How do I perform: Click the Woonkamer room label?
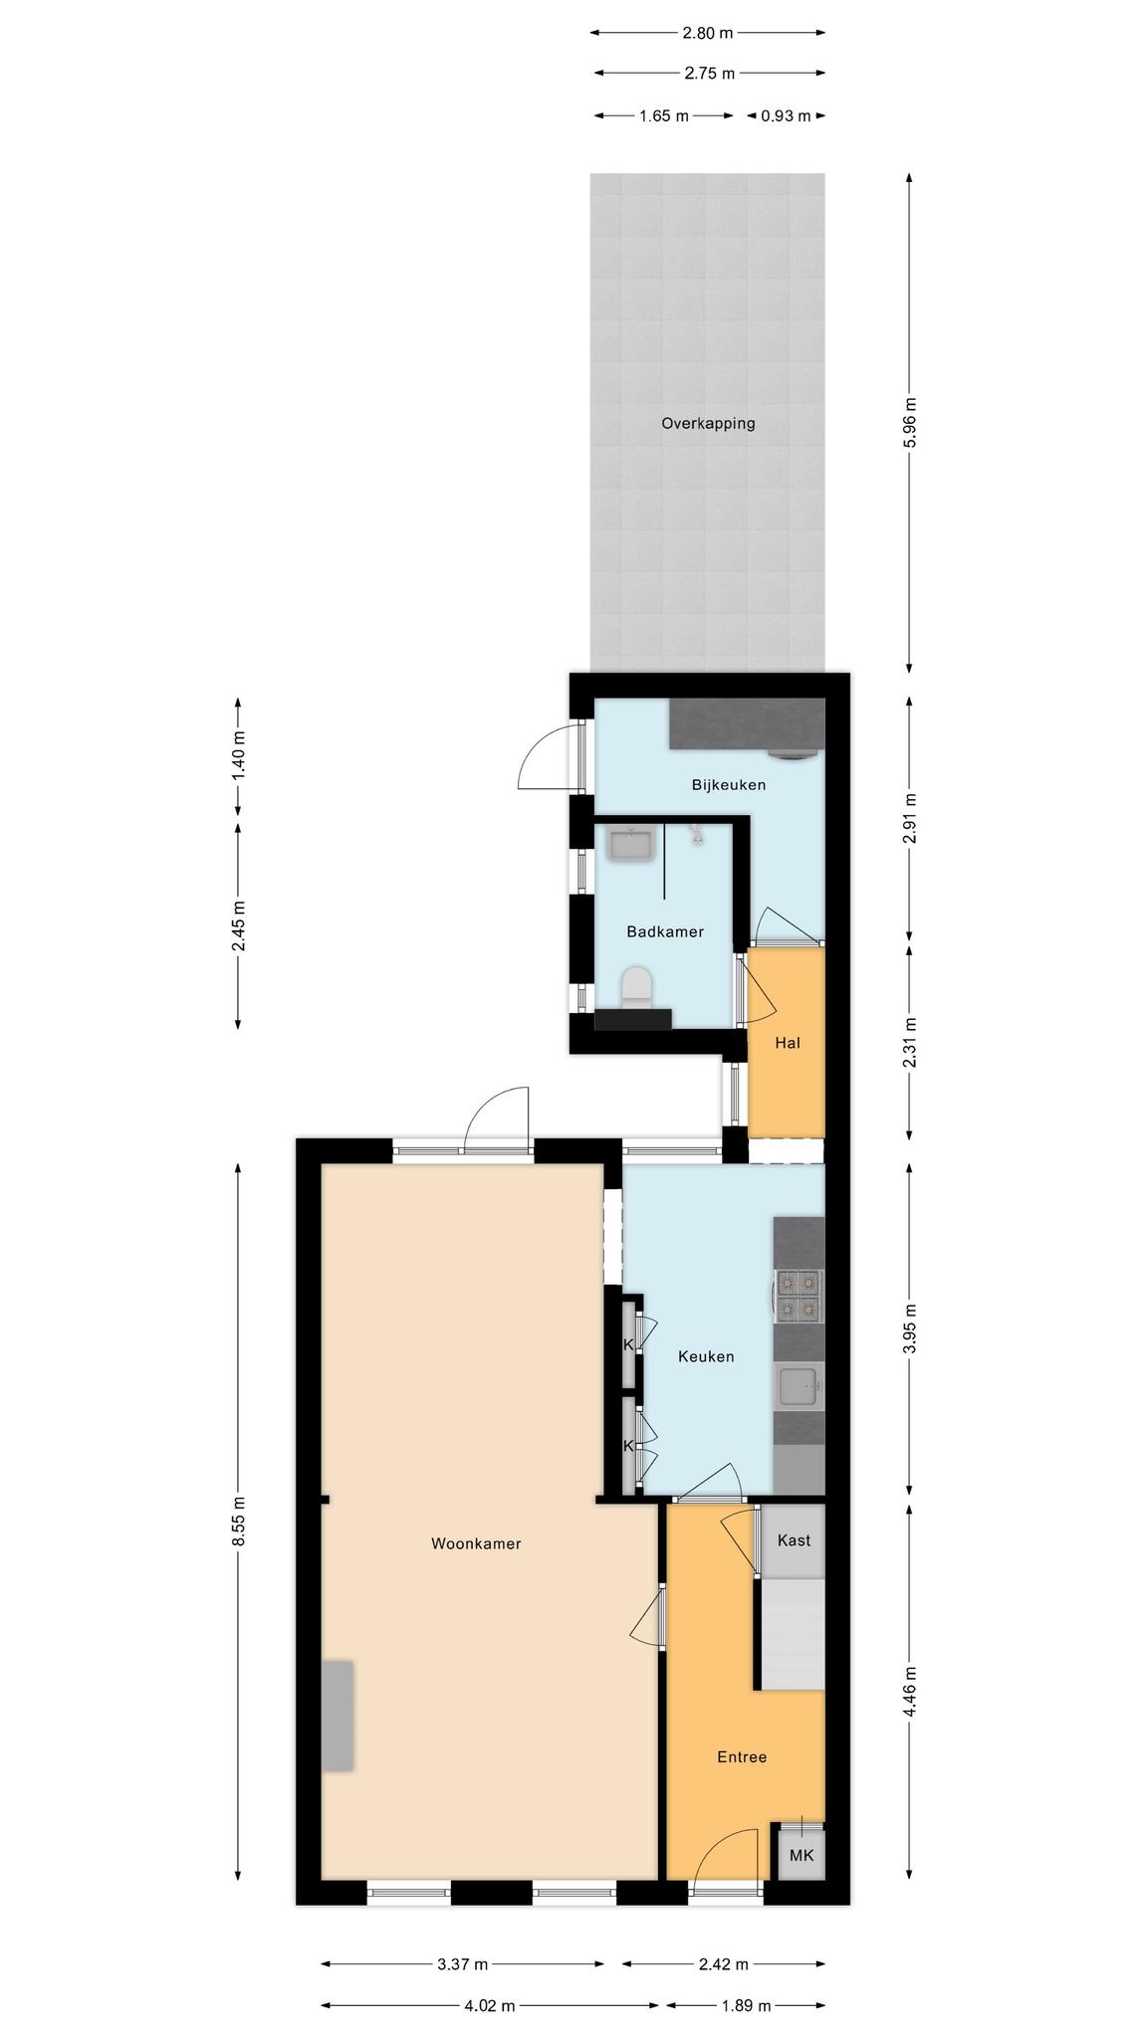[476, 1543]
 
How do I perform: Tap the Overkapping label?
[708, 423]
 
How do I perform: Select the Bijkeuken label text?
[729, 785]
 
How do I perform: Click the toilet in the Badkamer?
[636, 987]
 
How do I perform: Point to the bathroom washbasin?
[630, 845]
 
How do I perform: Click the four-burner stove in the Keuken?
[800, 1296]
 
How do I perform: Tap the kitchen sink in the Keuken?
[800, 1386]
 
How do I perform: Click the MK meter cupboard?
[802, 1854]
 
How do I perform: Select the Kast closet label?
[794, 1540]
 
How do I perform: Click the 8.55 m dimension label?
[238, 1523]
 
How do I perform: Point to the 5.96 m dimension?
[909, 423]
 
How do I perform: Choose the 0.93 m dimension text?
[786, 115]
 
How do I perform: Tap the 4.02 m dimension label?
[490, 2006]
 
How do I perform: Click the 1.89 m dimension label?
[746, 2006]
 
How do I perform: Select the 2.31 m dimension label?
[909, 1042]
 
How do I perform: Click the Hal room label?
[788, 1043]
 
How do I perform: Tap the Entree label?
[742, 1757]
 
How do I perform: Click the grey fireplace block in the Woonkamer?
[338, 1715]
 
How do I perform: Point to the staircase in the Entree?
[794, 1634]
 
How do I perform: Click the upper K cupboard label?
[628, 1345]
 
